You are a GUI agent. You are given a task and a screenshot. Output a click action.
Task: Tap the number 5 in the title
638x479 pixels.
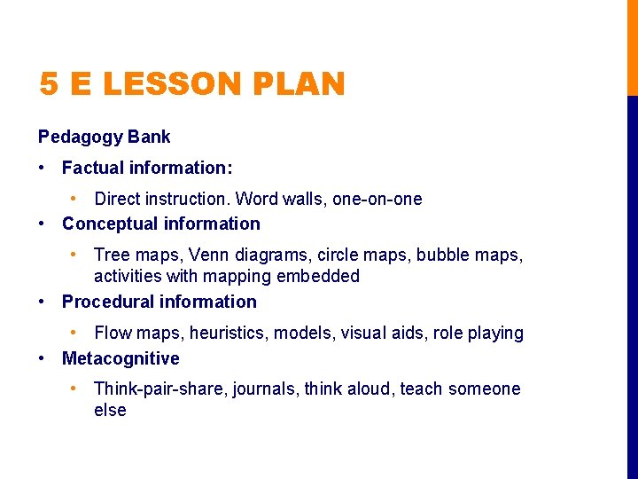click(50, 84)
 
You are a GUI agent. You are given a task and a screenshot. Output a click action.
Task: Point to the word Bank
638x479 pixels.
click(149, 137)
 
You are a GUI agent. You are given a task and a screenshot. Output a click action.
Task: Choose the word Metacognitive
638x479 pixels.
click(121, 358)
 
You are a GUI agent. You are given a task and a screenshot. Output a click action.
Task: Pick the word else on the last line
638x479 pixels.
click(110, 410)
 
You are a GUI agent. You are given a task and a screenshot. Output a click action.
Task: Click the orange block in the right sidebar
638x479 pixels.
click(632, 47)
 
